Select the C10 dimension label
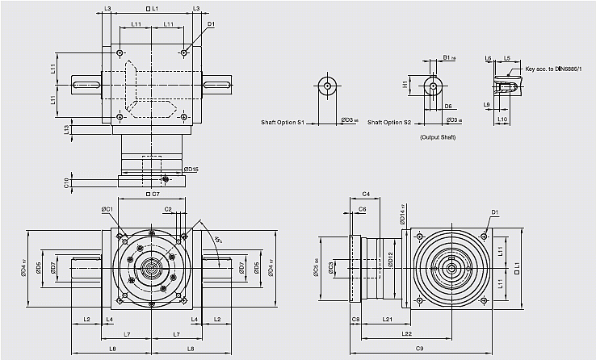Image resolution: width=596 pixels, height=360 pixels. [x=67, y=182]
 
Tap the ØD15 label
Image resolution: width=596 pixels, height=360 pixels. [x=191, y=169]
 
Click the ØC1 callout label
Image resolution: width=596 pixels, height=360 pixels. [x=107, y=209]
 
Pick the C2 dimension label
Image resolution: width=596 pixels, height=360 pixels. [x=168, y=209]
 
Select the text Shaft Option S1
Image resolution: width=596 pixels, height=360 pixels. [x=283, y=123]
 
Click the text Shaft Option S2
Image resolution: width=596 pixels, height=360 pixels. [x=389, y=123]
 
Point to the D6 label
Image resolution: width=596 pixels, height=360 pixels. [x=447, y=106]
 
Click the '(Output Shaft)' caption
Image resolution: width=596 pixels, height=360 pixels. [x=439, y=138]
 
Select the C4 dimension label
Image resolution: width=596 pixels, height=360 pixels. [x=365, y=195]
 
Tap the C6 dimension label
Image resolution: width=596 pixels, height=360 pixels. [x=362, y=209]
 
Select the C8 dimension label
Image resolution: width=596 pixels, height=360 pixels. [x=355, y=320]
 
